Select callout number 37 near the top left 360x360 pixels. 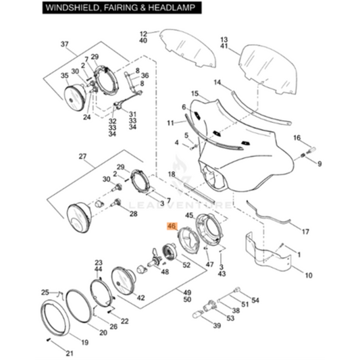point(65,45)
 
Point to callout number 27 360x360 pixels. point(83,157)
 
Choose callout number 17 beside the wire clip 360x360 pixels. point(305,232)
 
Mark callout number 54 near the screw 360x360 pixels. point(255,300)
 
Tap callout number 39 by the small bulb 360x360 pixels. point(217,326)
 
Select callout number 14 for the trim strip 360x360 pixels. point(217,82)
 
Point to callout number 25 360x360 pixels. point(45,292)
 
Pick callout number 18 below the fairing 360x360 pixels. point(172,174)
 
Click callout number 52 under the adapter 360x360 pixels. point(186,265)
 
